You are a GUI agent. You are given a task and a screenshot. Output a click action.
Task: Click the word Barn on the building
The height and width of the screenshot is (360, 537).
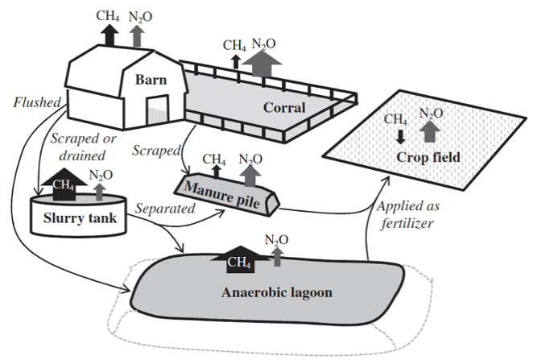151,80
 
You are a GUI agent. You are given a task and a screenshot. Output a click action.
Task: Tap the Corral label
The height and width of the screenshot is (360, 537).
284,108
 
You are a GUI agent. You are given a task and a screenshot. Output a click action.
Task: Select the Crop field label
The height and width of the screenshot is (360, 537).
428,157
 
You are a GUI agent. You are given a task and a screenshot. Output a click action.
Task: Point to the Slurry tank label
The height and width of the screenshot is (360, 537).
80,217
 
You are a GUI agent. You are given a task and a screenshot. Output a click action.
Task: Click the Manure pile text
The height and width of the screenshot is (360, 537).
222,195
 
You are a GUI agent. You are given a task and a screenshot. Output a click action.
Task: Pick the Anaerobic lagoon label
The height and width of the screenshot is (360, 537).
277,292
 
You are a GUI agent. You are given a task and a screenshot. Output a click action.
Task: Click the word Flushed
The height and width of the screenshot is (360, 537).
37,102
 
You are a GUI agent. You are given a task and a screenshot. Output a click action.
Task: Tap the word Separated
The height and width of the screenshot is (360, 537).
165,209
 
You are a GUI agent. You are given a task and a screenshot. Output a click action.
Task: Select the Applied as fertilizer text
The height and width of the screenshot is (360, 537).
407,215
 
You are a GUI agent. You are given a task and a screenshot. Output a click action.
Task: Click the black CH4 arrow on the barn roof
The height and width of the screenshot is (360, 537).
109,35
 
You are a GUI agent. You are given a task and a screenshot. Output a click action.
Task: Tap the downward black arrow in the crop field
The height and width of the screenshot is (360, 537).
400,136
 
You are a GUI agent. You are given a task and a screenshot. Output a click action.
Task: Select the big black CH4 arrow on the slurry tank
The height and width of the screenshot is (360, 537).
64,184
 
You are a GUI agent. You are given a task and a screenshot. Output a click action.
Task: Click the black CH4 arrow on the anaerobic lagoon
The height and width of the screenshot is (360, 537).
241,259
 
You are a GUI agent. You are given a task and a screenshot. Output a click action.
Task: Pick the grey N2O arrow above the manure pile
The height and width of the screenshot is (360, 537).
250,176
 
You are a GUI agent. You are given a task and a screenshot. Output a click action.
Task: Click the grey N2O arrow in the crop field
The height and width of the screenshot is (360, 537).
430,132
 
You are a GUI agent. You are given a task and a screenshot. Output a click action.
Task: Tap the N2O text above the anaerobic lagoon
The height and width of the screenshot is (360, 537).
276,240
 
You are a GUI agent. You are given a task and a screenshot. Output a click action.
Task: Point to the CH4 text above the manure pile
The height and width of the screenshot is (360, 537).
214,159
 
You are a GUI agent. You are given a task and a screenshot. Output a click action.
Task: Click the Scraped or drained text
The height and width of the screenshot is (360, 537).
83,147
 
